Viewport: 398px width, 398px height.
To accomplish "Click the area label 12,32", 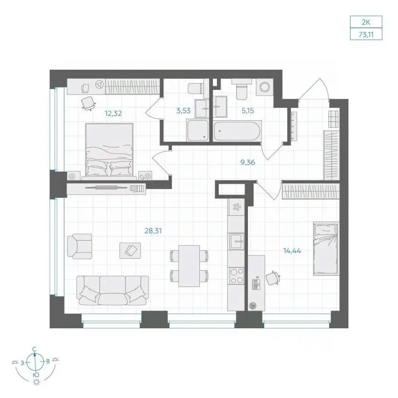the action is click(113, 113).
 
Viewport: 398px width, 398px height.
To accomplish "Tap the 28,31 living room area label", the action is click(153, 231).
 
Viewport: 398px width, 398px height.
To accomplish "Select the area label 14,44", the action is click(292, 251).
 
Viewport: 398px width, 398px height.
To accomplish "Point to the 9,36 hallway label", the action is click(248, 162).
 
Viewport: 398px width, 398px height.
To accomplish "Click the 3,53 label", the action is click(183, 110).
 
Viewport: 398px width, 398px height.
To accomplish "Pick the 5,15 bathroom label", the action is click(248, 111).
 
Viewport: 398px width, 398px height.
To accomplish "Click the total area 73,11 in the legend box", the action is click(366, 34).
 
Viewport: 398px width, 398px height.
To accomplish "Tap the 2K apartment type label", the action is click(366, 22).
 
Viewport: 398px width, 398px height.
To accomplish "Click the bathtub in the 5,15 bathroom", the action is click(237, 131).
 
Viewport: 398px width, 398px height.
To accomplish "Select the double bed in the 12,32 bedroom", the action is click(109, 150).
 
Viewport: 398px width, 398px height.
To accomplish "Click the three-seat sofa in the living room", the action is click(112, 290).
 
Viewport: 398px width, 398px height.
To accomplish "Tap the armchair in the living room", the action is click(80, 246).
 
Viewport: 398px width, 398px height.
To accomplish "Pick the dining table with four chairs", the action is click(189, 266).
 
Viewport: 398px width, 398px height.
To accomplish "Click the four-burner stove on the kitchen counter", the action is click(237, 276).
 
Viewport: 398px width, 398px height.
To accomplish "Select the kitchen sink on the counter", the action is click(237, 241).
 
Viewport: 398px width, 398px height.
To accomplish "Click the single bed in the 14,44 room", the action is click(326, 249).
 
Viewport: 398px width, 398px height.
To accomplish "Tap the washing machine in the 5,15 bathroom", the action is click(265, 87).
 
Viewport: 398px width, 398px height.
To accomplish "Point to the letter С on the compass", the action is click(34, 349).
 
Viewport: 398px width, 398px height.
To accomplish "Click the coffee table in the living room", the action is click(130, 250).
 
